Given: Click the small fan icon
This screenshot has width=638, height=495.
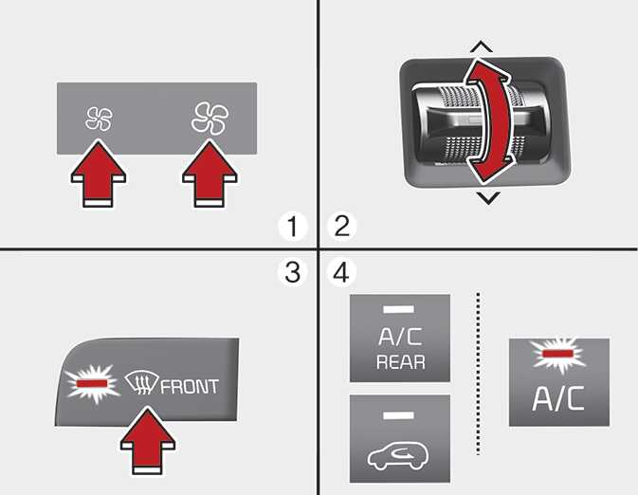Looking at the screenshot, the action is [99, 119].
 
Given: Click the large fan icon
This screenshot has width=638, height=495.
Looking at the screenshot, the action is [210, 119].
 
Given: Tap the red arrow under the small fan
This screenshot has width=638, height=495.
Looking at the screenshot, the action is [99, 174].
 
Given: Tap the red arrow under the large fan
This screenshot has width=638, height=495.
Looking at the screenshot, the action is [210, 174].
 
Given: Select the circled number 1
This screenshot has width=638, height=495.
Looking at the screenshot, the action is [293, 227].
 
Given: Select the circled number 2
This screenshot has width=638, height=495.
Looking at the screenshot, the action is [342, 227].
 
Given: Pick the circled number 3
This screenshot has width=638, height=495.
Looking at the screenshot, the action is [293, 272].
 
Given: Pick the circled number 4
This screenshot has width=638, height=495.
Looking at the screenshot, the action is [341, 272].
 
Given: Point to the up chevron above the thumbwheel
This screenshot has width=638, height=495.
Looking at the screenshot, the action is [482, 46].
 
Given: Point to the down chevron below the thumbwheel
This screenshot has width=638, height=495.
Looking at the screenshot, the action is [488, 198].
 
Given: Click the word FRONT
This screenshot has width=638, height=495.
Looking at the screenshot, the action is [190, 387].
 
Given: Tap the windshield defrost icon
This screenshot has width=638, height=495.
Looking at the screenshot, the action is [141, 383].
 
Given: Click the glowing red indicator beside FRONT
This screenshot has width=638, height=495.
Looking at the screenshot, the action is [92, 383].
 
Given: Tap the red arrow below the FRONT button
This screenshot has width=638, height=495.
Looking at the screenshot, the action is [148, 441].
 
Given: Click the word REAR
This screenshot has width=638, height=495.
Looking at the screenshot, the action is [401, 362].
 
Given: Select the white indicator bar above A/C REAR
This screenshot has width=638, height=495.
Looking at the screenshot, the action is [399, 309].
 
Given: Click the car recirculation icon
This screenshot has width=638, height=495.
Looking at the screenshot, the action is [397, 455].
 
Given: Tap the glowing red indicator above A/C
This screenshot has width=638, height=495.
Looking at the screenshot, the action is [558, 354].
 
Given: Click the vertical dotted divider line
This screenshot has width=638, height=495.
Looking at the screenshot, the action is [478, 373].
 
